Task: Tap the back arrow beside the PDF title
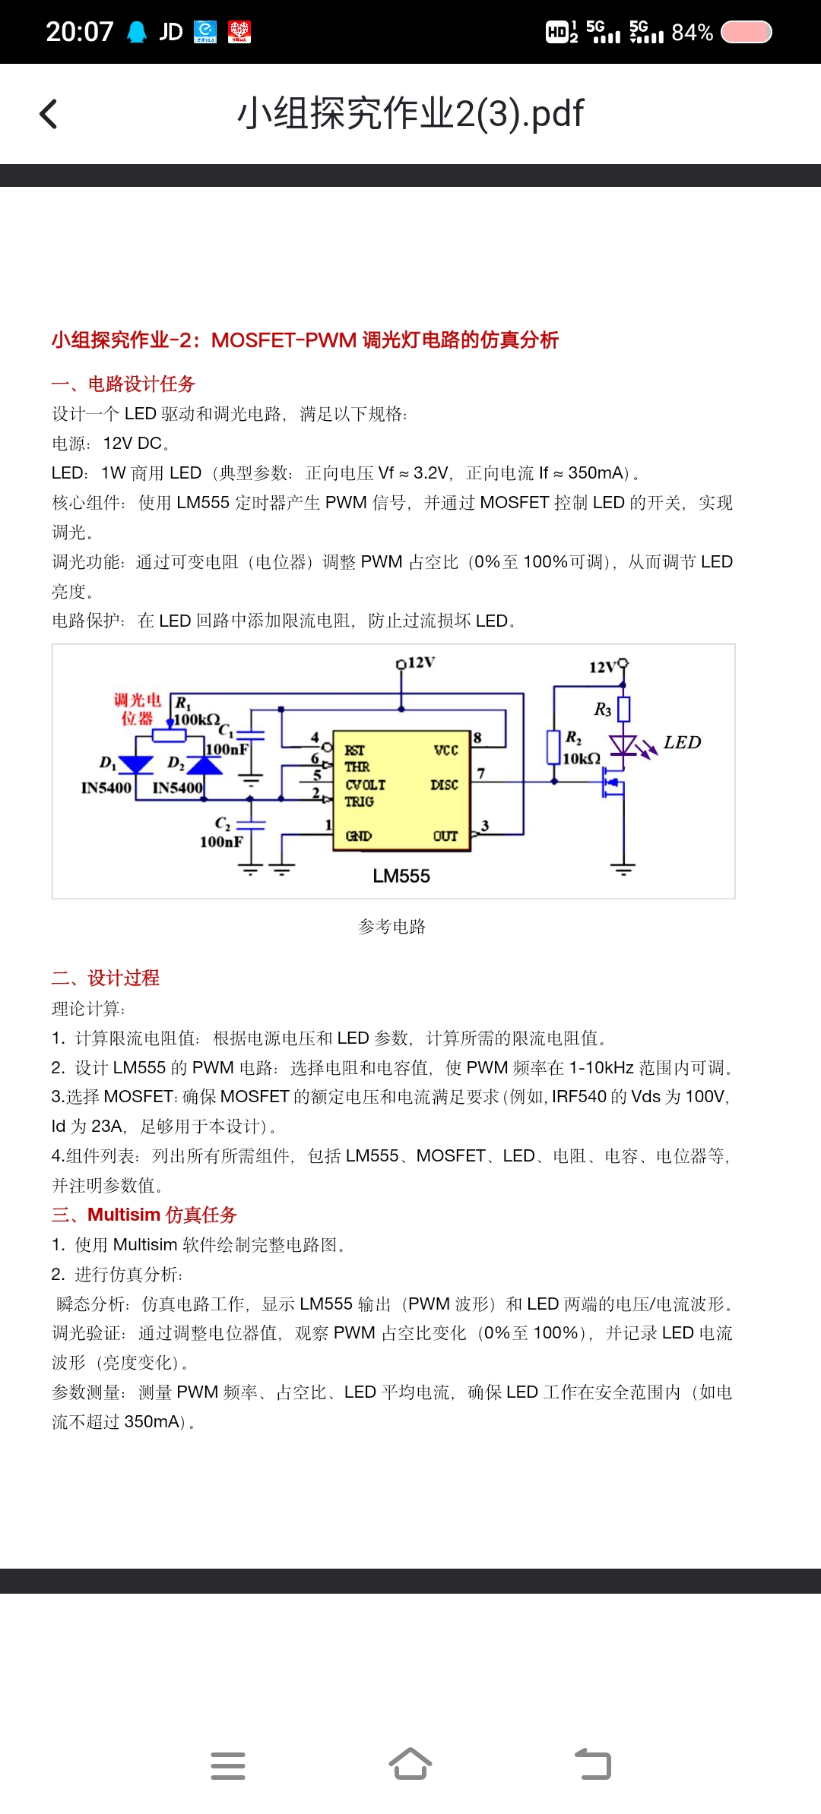pos(49,115)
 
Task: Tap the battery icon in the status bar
pos(746,33)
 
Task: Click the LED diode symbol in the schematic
pos(623,745)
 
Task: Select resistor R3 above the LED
pos(623,709)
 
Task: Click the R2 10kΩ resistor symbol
pos(554,746)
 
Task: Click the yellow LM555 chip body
pos(401,790)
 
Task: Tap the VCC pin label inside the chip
pos(445,751)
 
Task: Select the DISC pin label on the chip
pos(444,785)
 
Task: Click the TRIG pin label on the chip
pos(359,801)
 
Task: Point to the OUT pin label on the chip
pos(445,836)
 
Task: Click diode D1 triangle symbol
pos(136,764)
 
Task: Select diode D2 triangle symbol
pos(204,764)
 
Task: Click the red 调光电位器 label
pos(138,709)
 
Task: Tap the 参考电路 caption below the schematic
pos(391,927)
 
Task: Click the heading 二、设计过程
pos(106,978)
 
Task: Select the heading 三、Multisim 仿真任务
pos(144,1215)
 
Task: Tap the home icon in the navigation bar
pos(410,1765)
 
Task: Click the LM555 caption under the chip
pos(401,876)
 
